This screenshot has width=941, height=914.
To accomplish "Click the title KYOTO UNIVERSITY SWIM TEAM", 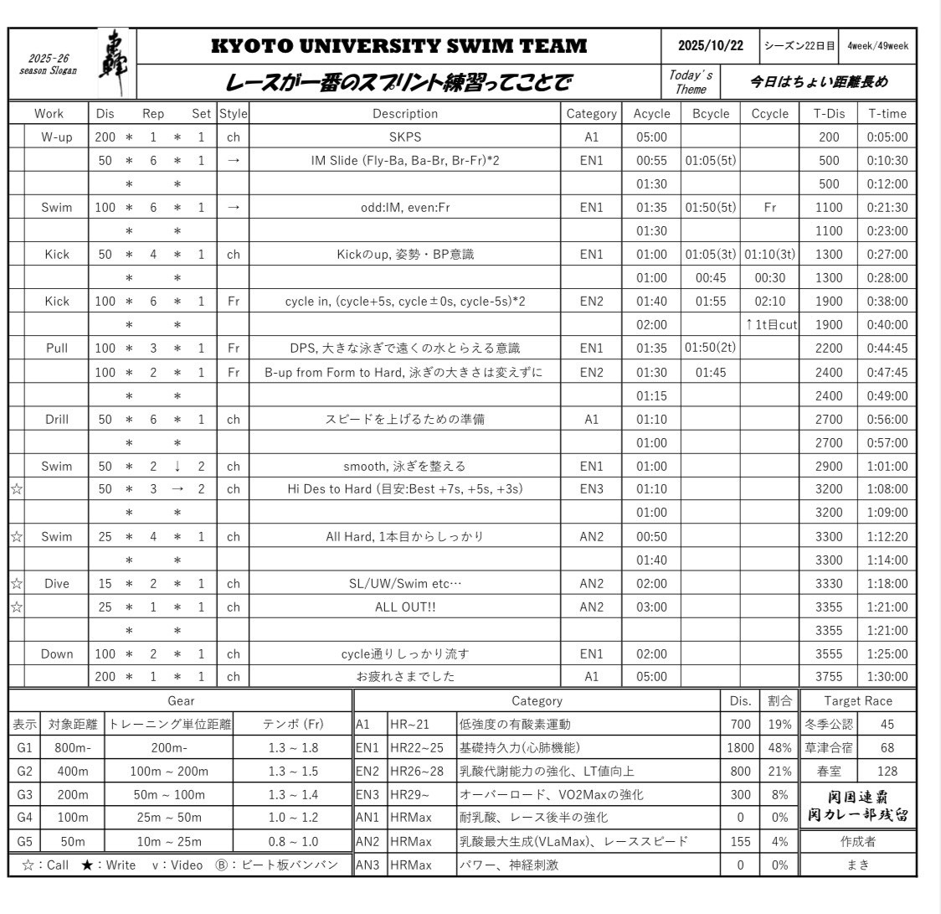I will [x=399, y=47].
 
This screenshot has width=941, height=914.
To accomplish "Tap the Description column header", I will [x=404, y=114].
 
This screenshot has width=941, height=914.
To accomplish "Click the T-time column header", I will [x=887, y=114].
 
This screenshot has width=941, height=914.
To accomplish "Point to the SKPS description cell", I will [x=404, y=137].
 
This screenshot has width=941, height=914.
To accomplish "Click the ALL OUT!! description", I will [x=404, y=607].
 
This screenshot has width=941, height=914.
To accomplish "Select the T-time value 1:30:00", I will [x=887, y=677].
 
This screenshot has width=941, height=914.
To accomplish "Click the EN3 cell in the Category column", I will [x=591, y=489].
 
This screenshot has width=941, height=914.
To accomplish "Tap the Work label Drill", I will [x=57, y=419].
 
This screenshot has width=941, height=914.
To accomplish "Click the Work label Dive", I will [x=57, y=583].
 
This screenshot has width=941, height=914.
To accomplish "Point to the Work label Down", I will [x=57, y=653].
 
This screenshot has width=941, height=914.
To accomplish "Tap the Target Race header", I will [x=858, y=701].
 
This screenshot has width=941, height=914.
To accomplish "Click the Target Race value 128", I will [x=887, y=771].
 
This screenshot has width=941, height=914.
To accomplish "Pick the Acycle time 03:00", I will [x=651, y=607].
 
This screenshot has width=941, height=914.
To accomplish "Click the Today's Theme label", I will [x=690, y=82].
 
